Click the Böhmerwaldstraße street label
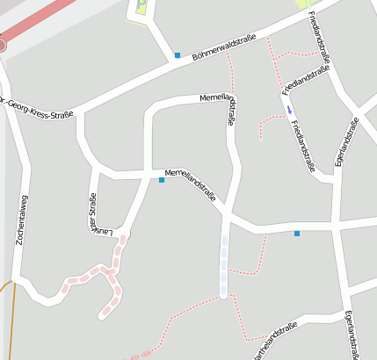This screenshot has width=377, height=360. pyautogui.click(x=224, y=44)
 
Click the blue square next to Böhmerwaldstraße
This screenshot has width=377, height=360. pyautogui.click(x=177, y=55)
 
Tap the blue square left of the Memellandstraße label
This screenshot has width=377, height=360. pyautogui.click(x=162, y=180)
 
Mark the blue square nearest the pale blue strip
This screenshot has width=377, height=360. pyautogui.click(x=297, y=233)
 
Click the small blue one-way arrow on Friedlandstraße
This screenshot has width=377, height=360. pyautogui.click(x=288, y=109)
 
